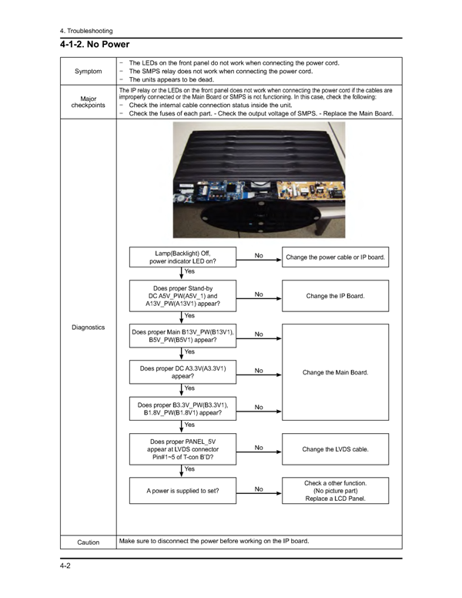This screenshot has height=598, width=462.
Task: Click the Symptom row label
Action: (x=88, y=72)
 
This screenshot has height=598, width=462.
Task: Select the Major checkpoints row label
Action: (x=88, y=102)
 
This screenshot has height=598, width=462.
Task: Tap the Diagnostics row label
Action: (x=88, y=328)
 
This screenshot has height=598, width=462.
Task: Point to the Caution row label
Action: (x=88, y=543)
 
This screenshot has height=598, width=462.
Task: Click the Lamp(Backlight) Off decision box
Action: (x=182, y=257)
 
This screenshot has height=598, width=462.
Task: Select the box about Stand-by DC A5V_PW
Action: (x=182, y=296)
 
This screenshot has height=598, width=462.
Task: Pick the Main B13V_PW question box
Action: (x=182, y=335)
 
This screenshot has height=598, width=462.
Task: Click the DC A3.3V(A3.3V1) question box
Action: (x=182, y=372)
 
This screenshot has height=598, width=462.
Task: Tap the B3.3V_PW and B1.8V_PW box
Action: (x=182, y=408)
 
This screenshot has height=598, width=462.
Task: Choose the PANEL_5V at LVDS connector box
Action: (x=182, y=449)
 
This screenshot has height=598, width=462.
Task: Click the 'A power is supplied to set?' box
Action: (x=182, y=490)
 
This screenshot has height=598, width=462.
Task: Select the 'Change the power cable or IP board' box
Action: (x=336, y=257)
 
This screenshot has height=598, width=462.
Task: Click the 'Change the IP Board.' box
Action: (x=336, y=296)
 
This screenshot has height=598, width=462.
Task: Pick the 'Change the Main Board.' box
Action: (x=336, y=372)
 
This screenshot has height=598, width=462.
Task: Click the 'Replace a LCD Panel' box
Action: (x=336, y=490)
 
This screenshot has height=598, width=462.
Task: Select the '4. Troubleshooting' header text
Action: (x=85, y=31)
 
